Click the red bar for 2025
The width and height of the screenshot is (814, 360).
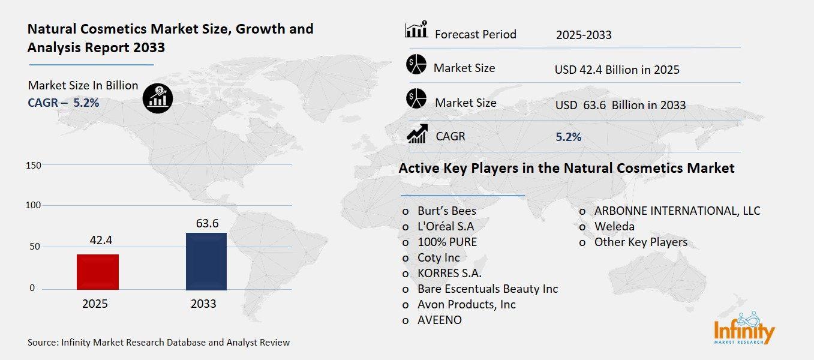point(98,272)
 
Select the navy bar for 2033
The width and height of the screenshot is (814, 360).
point(206,261)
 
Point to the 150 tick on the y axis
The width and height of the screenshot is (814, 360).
point(34,165)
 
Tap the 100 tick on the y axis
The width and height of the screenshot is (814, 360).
point(34,205)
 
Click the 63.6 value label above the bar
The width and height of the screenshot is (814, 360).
point(207,224)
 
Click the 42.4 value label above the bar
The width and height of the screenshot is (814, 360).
point(98,241)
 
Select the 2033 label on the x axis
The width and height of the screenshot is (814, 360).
point(203,304)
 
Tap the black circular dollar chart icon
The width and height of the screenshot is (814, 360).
point(158,98)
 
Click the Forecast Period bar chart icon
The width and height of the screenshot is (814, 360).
point(416,30)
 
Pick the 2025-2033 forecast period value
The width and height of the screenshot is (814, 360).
point(584,35)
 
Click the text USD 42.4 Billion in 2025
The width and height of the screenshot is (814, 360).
point(617,70)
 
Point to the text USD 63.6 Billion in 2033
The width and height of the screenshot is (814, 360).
point(620,105)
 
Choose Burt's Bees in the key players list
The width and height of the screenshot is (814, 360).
point(446,211)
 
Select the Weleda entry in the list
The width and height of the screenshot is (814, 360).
point(614,226)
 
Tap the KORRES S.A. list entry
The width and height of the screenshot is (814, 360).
point(449,273)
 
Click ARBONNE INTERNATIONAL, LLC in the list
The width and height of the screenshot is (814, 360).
point(677,211)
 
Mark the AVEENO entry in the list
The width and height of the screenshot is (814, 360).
point(440,320)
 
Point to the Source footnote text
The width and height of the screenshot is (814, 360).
point(159,343)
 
